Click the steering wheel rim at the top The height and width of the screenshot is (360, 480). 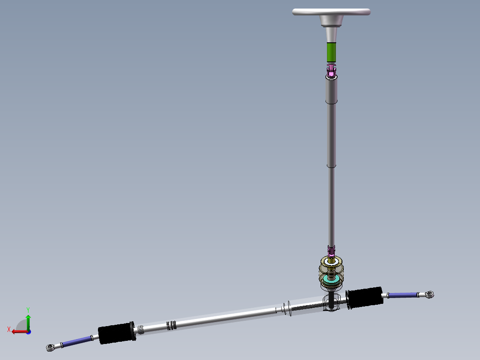pyautogui.click(x=331, y=12)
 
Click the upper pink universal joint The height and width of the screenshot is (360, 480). pyautogui.click(x=331, y=70)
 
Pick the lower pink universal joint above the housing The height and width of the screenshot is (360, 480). pyautogui.click(x=331, y=251)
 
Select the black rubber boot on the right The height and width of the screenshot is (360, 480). pyautogui.click(x=365, y=297)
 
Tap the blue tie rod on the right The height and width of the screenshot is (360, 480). pyautogui.click(x=403, y=295)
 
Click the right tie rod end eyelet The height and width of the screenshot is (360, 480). pyautogui.click(x=430, y=294)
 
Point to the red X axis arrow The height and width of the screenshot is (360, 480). pyautogui.click(x=18, y=331)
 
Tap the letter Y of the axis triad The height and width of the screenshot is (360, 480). pyautogui.click(x=28, y=309)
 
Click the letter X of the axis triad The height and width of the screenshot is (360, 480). pyautogui.click(x=9, y=329)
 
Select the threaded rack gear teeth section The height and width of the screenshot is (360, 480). pyautogui.click(x=307, y=307)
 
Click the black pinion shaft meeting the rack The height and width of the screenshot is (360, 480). pyautogui.click(x=332, y=303)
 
